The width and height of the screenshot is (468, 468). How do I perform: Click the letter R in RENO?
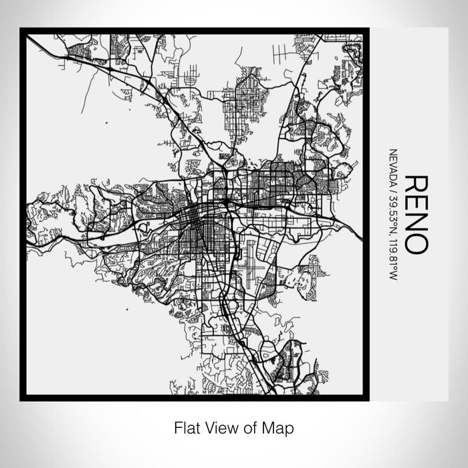[415, 185]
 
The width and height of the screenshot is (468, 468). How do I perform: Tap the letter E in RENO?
[415, 204]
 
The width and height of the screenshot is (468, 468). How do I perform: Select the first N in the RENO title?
[415, 223]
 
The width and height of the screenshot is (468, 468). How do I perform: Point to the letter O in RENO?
[415, 243]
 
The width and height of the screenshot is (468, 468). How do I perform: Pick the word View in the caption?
[219, 427]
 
